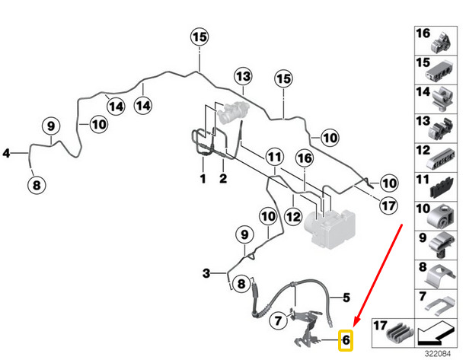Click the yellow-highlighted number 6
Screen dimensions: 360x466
pos(346,339)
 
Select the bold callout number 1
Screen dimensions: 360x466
pos(203,179)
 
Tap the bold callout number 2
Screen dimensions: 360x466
pos(224,179)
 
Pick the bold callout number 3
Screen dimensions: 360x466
pos(206,272)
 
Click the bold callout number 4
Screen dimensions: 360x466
pos(6,154)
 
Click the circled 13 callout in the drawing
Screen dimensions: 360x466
pos(242,77)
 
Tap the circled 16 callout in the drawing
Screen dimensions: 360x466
pos(305,158)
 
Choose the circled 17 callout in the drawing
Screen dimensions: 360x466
pos(389,205)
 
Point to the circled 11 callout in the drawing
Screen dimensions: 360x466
pos(275,158)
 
